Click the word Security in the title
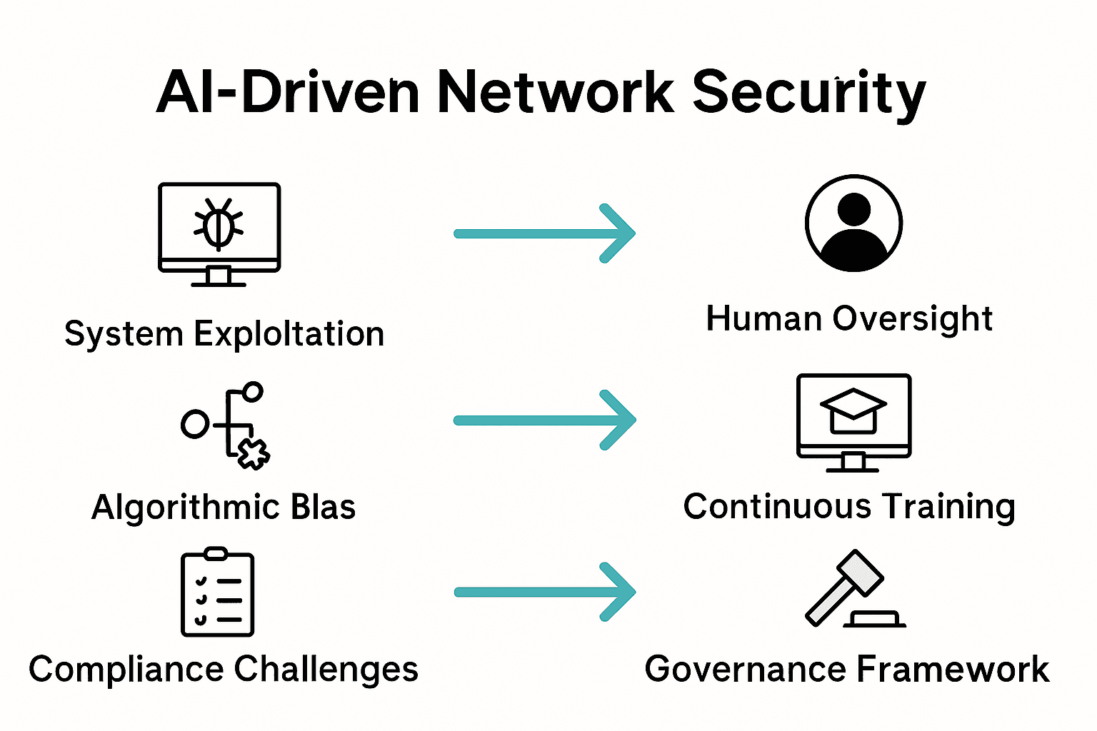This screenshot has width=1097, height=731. click(808, 93)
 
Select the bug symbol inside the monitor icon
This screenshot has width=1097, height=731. click(219, 224)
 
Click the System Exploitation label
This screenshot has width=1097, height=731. click(224, 334)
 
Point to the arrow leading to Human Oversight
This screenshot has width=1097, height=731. click(544, 233)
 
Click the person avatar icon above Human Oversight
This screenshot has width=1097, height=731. click(853, 223)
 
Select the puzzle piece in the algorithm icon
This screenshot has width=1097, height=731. click(253, 453)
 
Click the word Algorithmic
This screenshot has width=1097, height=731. click(185, 508)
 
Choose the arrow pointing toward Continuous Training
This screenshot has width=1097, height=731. click(544, 420)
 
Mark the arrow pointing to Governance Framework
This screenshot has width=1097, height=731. click(544, 592)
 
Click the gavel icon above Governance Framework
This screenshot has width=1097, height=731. click(853, 590)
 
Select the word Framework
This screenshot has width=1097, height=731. click(952, 670)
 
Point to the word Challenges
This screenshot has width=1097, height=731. click(326, 670)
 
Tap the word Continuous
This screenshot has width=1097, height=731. click(777, 507)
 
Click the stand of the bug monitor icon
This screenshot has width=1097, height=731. click(219, 277)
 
